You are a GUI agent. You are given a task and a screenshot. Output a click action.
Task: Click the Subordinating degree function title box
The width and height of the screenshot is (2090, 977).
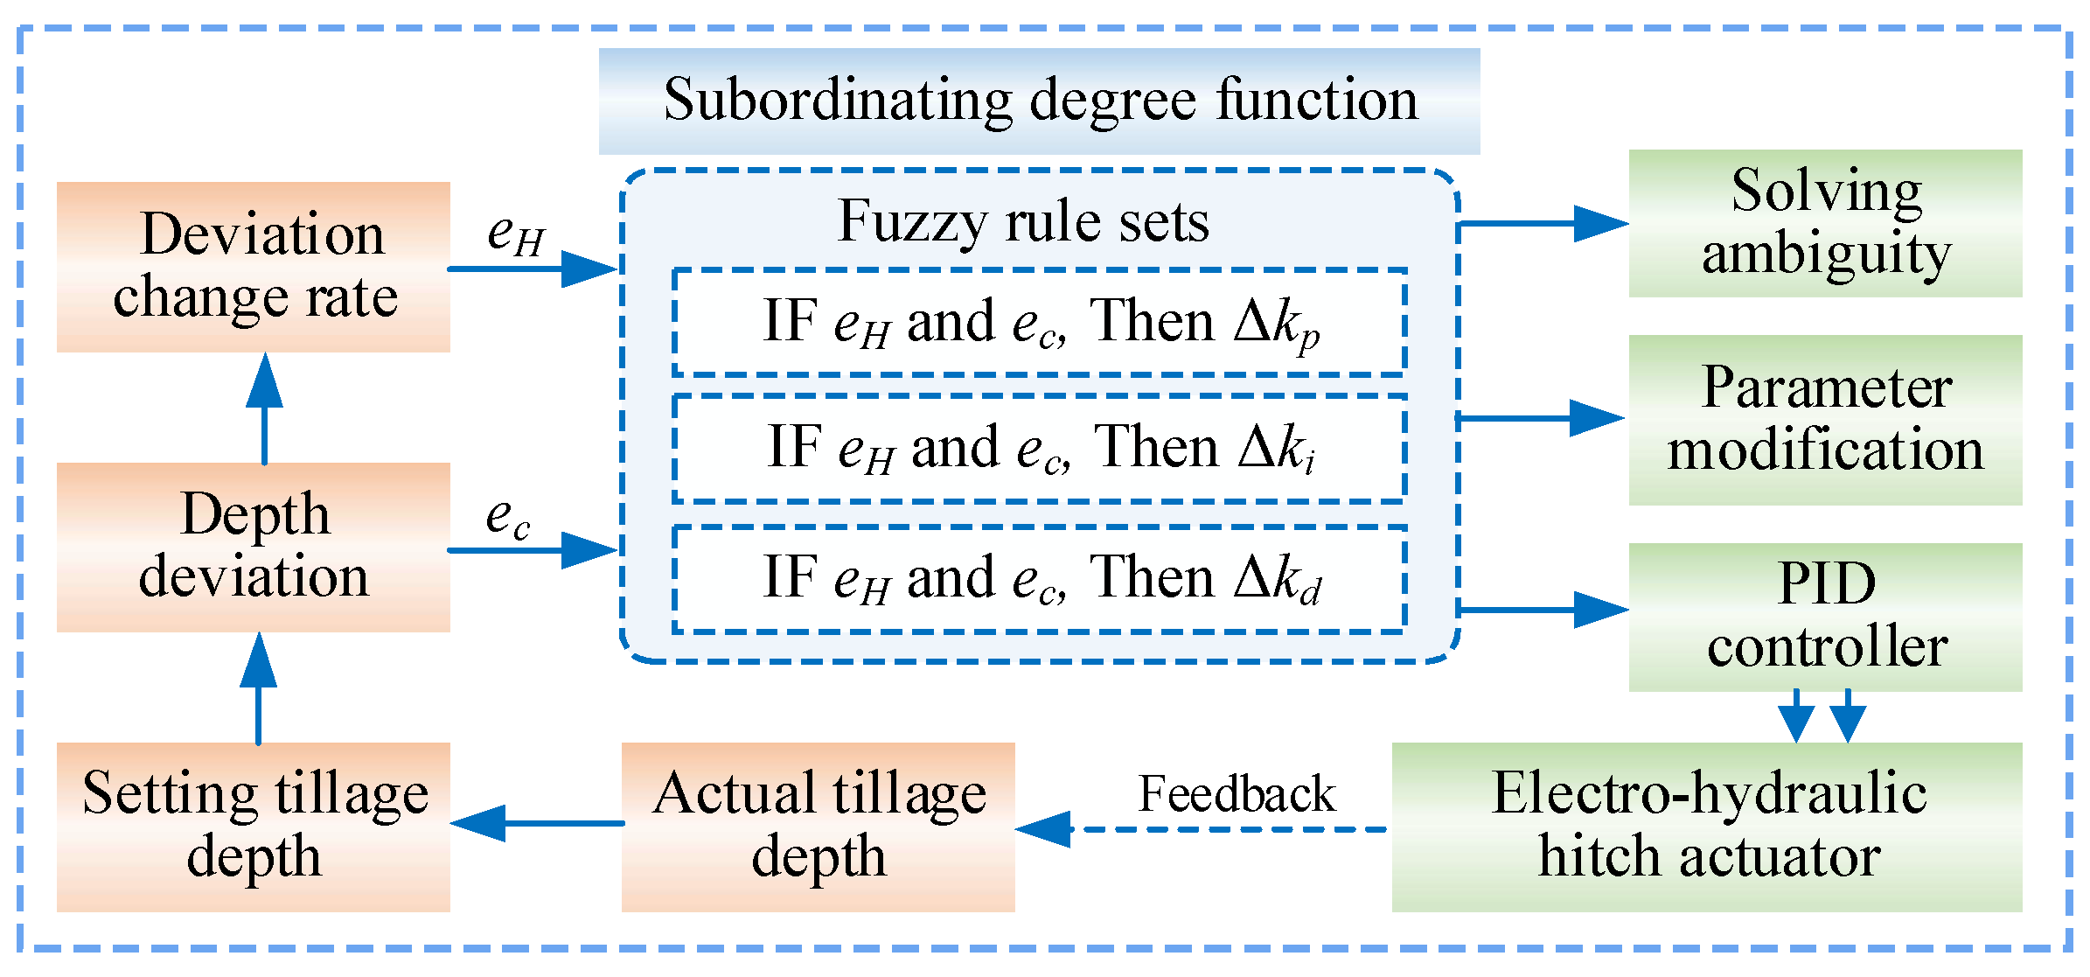tap(1039, 101)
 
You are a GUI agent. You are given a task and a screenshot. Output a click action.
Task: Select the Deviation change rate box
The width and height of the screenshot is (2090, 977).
tap(254, 267)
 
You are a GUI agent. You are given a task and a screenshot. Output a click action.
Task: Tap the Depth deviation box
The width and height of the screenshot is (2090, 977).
tap(254, 548)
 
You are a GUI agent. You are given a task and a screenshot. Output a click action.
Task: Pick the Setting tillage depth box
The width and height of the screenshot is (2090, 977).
tap(254, 827)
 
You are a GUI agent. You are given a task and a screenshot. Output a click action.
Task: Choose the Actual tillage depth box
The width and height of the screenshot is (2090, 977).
tap(819, 827)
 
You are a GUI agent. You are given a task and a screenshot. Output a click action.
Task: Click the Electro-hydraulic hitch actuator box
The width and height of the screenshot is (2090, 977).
tap(1707, 827)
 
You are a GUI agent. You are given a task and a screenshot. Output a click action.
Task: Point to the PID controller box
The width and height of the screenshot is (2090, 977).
tap(1826, 618)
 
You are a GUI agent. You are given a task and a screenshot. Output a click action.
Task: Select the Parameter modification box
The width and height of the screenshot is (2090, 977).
tap(1826, 420)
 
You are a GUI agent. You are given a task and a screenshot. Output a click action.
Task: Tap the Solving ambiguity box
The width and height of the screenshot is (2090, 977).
tap(1826, 223)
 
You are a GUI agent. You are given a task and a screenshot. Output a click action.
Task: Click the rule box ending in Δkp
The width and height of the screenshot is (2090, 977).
tap(1040, 322)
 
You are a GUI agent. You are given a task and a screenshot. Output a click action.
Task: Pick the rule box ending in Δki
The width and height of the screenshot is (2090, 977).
tap(1040, 449)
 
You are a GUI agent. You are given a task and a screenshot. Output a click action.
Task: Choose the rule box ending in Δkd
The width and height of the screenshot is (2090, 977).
tap(1040, 579)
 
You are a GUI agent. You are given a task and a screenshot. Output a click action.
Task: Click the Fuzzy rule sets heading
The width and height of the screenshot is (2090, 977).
tap(1023, 221)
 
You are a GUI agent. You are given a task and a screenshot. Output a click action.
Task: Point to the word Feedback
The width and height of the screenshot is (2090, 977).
tap(1237, 793)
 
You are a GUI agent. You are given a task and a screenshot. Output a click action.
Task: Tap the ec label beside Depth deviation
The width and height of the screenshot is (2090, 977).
tap(508, 518)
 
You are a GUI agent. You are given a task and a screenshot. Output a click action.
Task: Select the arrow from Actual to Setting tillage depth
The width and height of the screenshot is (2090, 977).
tap(538, 823)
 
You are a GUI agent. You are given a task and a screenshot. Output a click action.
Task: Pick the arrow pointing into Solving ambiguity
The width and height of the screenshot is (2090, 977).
tap(1543, 224)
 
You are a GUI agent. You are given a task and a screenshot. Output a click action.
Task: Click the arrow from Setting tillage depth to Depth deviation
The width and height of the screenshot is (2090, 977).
tap(258, 688)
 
